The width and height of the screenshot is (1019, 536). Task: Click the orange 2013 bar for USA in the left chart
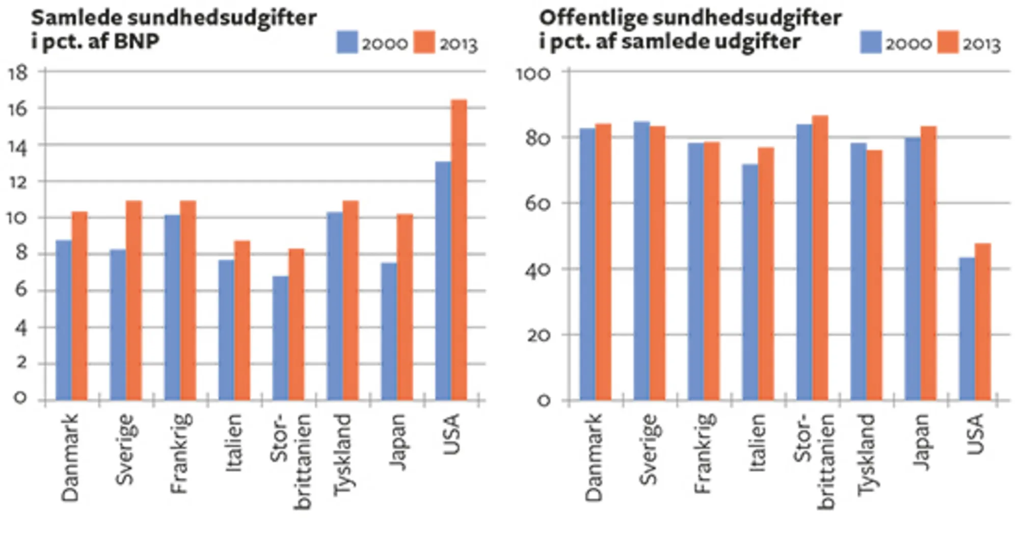coord(459,250)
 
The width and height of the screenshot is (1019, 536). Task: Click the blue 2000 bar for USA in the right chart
coord(967,329)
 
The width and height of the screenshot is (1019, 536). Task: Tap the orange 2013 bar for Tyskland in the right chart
coord(874,275)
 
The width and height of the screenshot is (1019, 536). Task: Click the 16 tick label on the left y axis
coord(17,109)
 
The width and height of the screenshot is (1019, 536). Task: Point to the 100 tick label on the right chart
coord(533,74)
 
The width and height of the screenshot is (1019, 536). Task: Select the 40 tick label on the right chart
coord(537,270)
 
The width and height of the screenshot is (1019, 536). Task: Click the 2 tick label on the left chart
coord(21,364)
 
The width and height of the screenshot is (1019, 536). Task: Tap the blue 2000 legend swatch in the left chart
coord(347,42)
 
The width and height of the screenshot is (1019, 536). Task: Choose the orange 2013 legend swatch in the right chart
coord(948,42)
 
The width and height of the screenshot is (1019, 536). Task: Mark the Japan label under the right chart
coord(921,442)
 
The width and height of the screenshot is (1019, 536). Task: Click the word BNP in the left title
coord(137,41)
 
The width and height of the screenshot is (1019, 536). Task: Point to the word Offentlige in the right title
coord(593,18)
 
